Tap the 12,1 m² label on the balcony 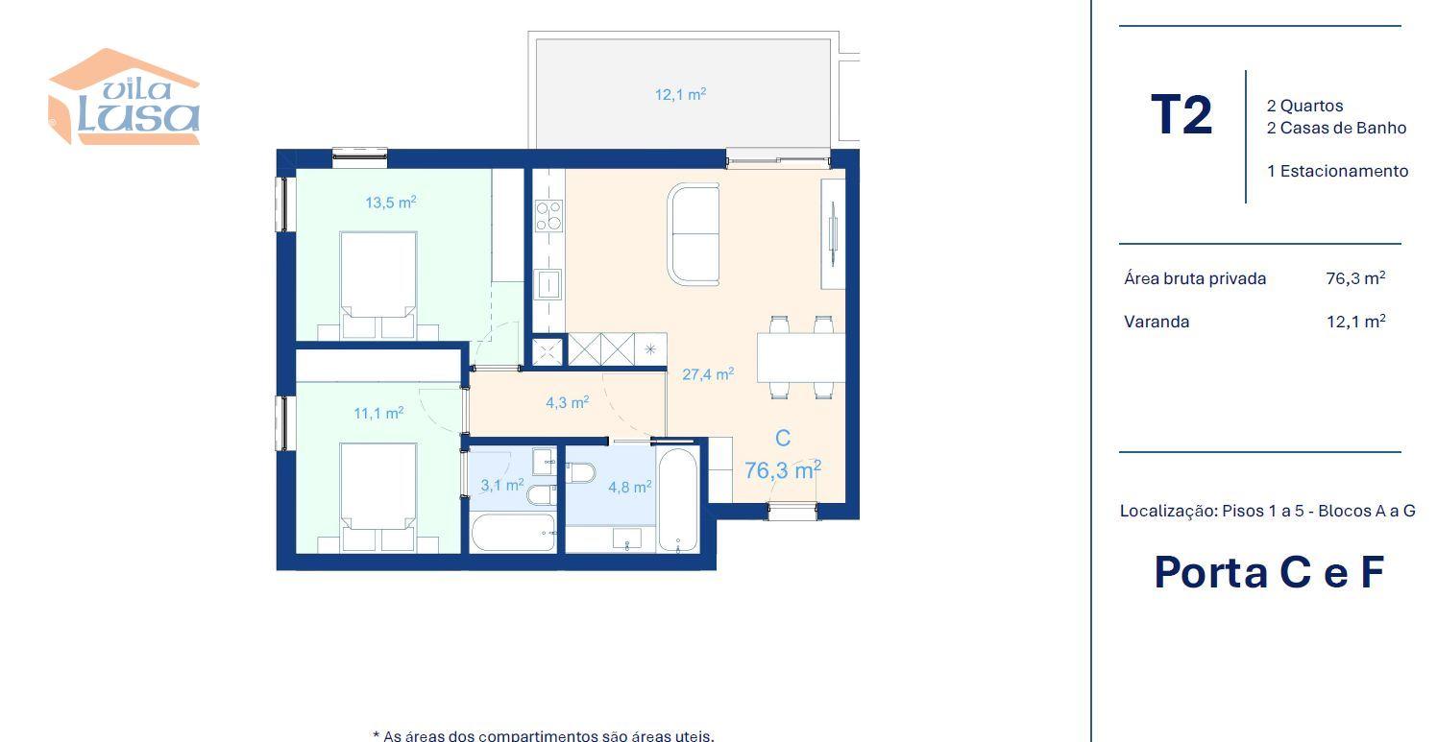point(681,94)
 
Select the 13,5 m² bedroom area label point(391,203)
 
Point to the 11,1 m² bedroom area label point(378,413)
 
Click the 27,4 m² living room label point(708,374)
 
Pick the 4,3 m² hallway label point(567,402)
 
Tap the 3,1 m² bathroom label point(502,485)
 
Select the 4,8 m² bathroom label point(630,487)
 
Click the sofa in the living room point(693,234)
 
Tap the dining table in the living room point(800,357)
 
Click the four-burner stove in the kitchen point(548,215)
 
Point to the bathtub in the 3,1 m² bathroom point(513,533)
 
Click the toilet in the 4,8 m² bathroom point(581,473)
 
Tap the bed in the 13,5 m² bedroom point(378,285)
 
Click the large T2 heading point(1181,115)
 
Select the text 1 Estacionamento point(1337,171)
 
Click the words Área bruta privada point(1195,279)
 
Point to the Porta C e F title point(1269,572)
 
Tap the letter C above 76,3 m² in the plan point(783,438)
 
